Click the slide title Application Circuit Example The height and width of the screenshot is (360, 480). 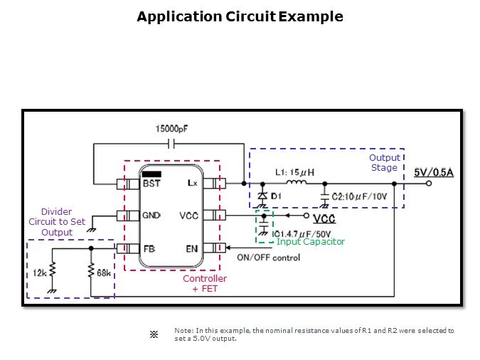point(240,16)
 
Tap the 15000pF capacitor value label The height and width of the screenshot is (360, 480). point(172,129)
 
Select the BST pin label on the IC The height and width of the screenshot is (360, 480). point(151,183)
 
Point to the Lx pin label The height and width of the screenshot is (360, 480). point(193,183)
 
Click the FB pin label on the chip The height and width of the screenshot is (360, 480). point(149,249)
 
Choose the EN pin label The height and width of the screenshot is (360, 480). point(192,249)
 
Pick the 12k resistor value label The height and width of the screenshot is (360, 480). point(38,272)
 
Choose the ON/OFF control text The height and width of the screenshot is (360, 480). point(268,258)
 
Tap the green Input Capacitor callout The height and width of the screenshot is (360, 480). point(311,242)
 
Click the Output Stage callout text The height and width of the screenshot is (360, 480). point(384,163)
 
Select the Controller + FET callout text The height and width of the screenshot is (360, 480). point(205,284)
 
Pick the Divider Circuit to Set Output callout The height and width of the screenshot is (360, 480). point(56,222)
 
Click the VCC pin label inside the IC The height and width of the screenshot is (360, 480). point(189,215)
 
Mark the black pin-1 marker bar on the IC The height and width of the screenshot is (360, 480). point(152,173)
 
